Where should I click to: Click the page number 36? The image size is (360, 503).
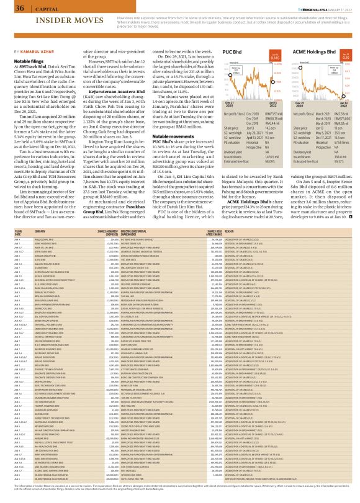pyautogui.click(x=11, y=8)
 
